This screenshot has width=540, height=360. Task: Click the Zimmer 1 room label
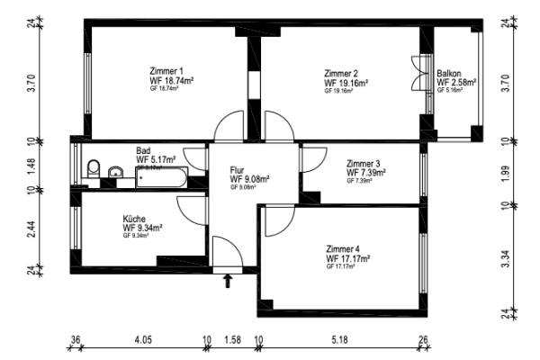click(166, 71)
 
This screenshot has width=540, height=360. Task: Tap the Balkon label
click(449, 74)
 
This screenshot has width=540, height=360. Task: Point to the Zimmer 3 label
click(364, 163)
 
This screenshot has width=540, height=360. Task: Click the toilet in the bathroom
click(93, 168)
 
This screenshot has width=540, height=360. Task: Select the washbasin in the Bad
click(115, 171)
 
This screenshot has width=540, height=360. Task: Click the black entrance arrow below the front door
click(227, 282)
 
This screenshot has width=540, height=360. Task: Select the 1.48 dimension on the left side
click(31, 166)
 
